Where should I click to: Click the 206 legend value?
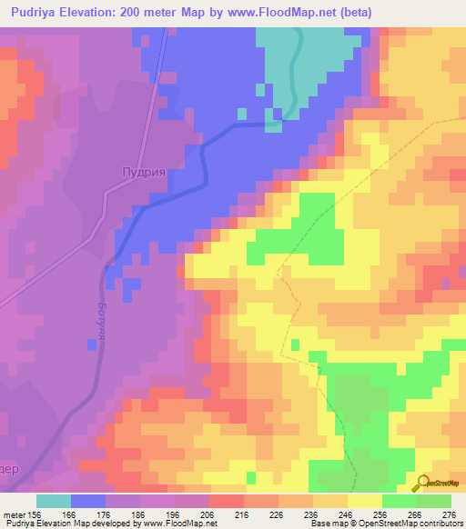(x=208, y=514)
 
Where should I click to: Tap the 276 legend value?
(x=448, y=514)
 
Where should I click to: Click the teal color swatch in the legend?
(x=54, y=501)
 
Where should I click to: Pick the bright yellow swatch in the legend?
(x=364, y=501)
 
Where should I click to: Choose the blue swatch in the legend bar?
(x=88, y=501)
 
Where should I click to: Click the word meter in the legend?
(x=13, y=514)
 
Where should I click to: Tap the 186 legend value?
(x=139, y=514)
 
